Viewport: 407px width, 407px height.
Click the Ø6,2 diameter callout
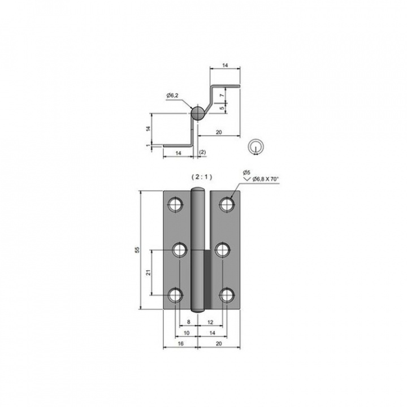tap(172, 96)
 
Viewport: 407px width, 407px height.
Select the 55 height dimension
tap(137, 250)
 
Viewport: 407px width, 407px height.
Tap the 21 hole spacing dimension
tap(149, 272)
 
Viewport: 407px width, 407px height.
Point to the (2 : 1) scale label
tap(202, 177)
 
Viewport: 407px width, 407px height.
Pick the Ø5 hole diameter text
tap(246, 172)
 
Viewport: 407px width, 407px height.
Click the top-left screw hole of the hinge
tap(176, 204)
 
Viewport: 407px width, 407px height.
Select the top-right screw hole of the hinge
tap(227, 204)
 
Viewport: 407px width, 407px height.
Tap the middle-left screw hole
tap(180, 250)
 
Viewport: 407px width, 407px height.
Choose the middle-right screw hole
tap(223, 250)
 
